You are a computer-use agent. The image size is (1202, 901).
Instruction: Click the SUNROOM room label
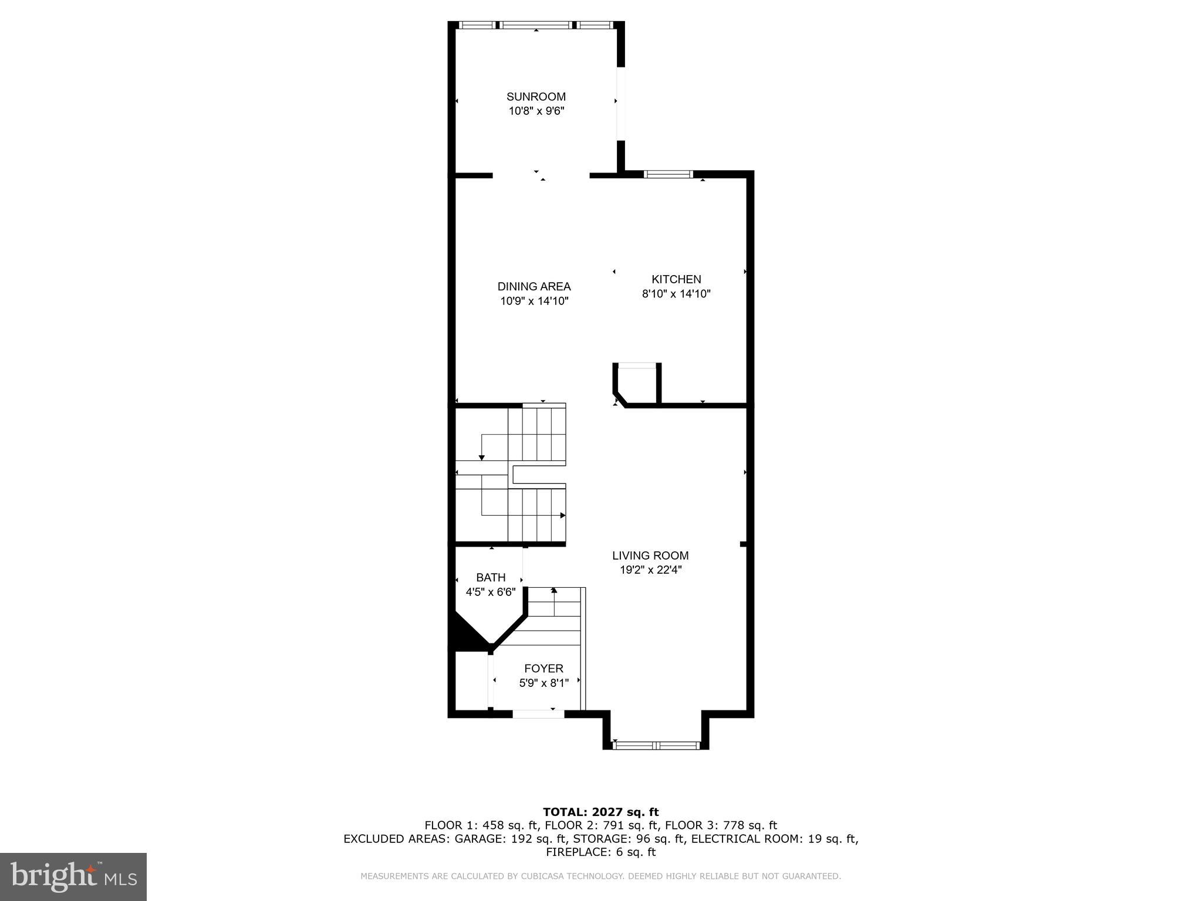[x=536, y=97]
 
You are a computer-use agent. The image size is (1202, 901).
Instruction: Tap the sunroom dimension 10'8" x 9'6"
[x=536, y=111]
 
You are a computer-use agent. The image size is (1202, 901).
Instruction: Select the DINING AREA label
[x=534, y=287]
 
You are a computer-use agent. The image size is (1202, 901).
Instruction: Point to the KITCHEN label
[x=676, y=280]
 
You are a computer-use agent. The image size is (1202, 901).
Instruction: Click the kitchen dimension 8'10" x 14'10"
[x=676, y=294]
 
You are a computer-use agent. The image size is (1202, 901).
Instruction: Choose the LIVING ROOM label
[x=650, y=555]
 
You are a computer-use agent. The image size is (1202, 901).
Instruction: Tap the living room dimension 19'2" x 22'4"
[x=650, y=570]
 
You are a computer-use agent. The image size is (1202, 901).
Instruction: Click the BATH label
[x=491, y=578]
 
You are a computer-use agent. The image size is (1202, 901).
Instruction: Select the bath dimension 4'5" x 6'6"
[x=491, y=592]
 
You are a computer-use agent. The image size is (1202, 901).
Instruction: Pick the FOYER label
[x=543, y=669]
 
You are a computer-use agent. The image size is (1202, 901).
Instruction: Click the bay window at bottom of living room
[x=656, y=746]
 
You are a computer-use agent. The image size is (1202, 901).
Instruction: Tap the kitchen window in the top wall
[x=668, y=174]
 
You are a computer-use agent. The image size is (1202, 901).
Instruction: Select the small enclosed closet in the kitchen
[x=637, y=385]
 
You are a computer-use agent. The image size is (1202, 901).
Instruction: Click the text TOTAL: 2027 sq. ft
[x=600, y=812]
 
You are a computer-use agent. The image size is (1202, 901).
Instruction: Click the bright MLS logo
[x=73, y=877]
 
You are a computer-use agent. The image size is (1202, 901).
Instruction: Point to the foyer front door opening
[x=538, y=714]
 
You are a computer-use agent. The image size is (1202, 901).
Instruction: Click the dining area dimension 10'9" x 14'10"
[x=534, y=302]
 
